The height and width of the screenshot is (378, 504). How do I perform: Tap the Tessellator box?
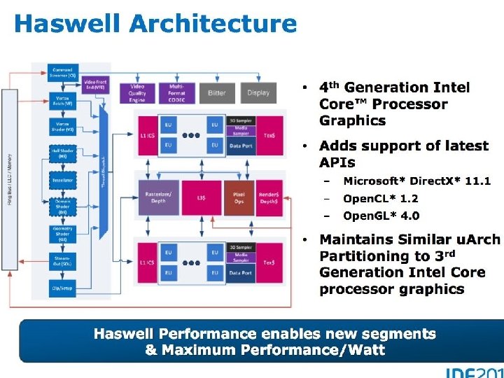(62, 181)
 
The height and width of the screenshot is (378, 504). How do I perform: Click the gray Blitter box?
(218, 92)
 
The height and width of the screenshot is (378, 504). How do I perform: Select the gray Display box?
(258, 92)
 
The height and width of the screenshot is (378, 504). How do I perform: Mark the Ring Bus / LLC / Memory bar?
(10, 168)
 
